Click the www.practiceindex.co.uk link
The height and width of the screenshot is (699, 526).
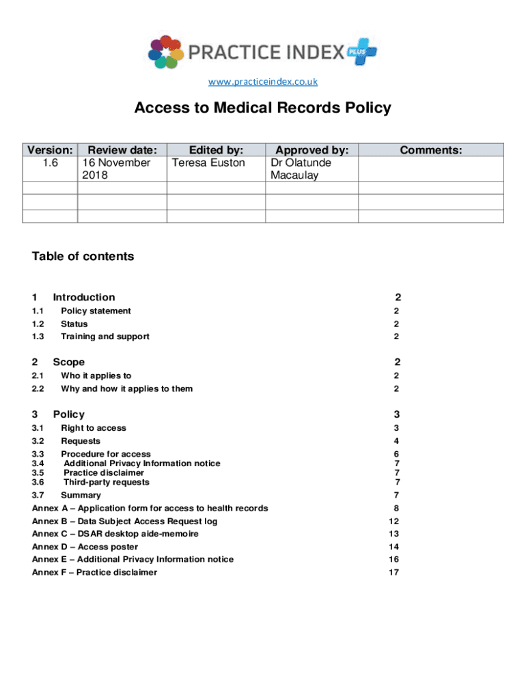pos(263,82)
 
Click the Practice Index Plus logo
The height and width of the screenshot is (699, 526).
pos(263,52)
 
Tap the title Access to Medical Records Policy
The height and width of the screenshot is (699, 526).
pos(263,108)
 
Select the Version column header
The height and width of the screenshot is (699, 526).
pos(50,149)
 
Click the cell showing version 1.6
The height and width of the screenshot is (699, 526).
pos(50,162)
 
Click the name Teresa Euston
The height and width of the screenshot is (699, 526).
pos(208,162)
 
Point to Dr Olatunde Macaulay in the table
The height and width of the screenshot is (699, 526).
pos(301,169)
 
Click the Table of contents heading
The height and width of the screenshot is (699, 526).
pos(83,257)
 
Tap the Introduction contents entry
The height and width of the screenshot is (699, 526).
pos(84,297)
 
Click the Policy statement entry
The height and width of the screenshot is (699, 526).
pos(96,311)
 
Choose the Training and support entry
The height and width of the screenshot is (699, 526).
pos(105,337)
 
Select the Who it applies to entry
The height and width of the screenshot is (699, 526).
pos(96,375)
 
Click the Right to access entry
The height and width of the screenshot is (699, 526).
pos(94,428)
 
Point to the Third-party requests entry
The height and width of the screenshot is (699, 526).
pos(107,482)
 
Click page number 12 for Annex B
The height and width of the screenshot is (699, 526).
pos(393,522)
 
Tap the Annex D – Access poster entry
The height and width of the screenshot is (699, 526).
pos(85,547)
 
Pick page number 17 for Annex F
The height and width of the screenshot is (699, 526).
pos(393,572)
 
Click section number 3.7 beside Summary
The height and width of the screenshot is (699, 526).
pos(38,495)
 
